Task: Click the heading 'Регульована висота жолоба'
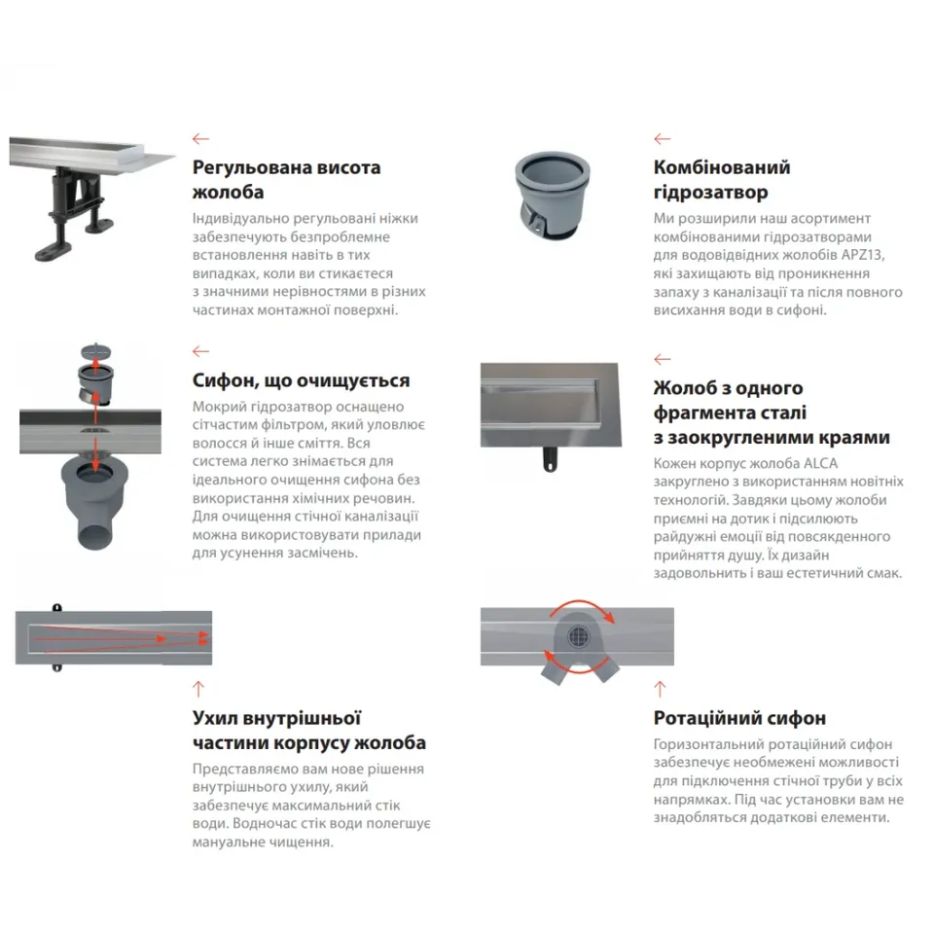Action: pos(286,179)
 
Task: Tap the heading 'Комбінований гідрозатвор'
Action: pos(722,179)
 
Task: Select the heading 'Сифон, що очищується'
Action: pos(301,380)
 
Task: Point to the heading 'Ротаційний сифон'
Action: pos(739,718)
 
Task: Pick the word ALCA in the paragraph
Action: pos(821,463)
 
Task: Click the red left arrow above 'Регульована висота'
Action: pos(200,139)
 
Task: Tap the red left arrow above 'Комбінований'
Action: pos(663,139)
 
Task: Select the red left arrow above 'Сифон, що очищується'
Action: pos(200,351)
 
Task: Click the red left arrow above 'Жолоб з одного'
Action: pos(663,359)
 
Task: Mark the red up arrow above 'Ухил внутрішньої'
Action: pos(198,689)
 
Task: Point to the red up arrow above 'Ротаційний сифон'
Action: pos(660,689)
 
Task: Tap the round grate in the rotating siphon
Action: pos(578,636)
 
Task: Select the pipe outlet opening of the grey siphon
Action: pos(95,535)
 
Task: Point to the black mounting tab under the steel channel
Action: pos(551,459)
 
